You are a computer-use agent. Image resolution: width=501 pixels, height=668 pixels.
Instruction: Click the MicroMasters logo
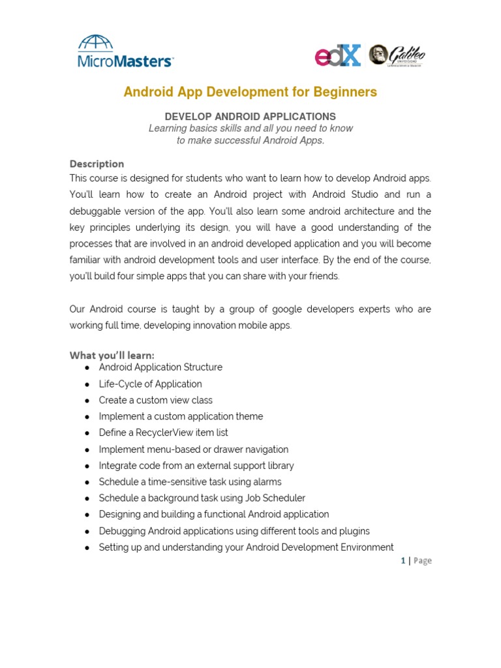coord(125,52)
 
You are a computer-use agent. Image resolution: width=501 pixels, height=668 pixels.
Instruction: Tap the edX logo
coord(338,55)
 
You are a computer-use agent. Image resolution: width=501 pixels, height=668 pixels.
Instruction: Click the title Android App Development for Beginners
coord(250,92)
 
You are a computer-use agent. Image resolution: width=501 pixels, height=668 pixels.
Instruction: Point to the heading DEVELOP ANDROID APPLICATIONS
coord(250,116)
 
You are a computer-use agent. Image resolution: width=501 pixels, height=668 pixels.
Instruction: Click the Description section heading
coord(97,164)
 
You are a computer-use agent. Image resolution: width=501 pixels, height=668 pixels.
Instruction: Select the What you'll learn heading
coord(112,355)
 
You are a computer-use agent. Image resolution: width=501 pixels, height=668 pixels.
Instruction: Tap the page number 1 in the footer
coord(403,560)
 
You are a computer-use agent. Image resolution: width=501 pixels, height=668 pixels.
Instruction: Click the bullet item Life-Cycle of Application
coord(150,384)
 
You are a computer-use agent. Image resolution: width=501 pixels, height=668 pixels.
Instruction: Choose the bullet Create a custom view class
coord(155,400)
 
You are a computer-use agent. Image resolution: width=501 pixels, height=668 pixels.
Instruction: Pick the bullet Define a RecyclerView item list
coord(163,433)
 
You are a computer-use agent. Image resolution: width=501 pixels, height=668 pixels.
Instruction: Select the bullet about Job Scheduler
coord(202,498)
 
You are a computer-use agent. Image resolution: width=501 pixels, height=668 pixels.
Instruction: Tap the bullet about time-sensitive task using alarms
coord(190,481)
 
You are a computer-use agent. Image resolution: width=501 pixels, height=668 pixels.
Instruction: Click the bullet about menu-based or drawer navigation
coord(193,449)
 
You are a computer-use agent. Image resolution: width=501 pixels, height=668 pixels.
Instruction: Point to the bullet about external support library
coord(196,465)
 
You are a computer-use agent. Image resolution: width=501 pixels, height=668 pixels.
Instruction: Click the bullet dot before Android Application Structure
coord(87,368)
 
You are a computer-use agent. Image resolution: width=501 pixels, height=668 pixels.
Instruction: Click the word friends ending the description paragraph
coord(324,276)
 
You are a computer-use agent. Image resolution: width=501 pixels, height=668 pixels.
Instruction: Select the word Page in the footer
coord(422,560)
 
